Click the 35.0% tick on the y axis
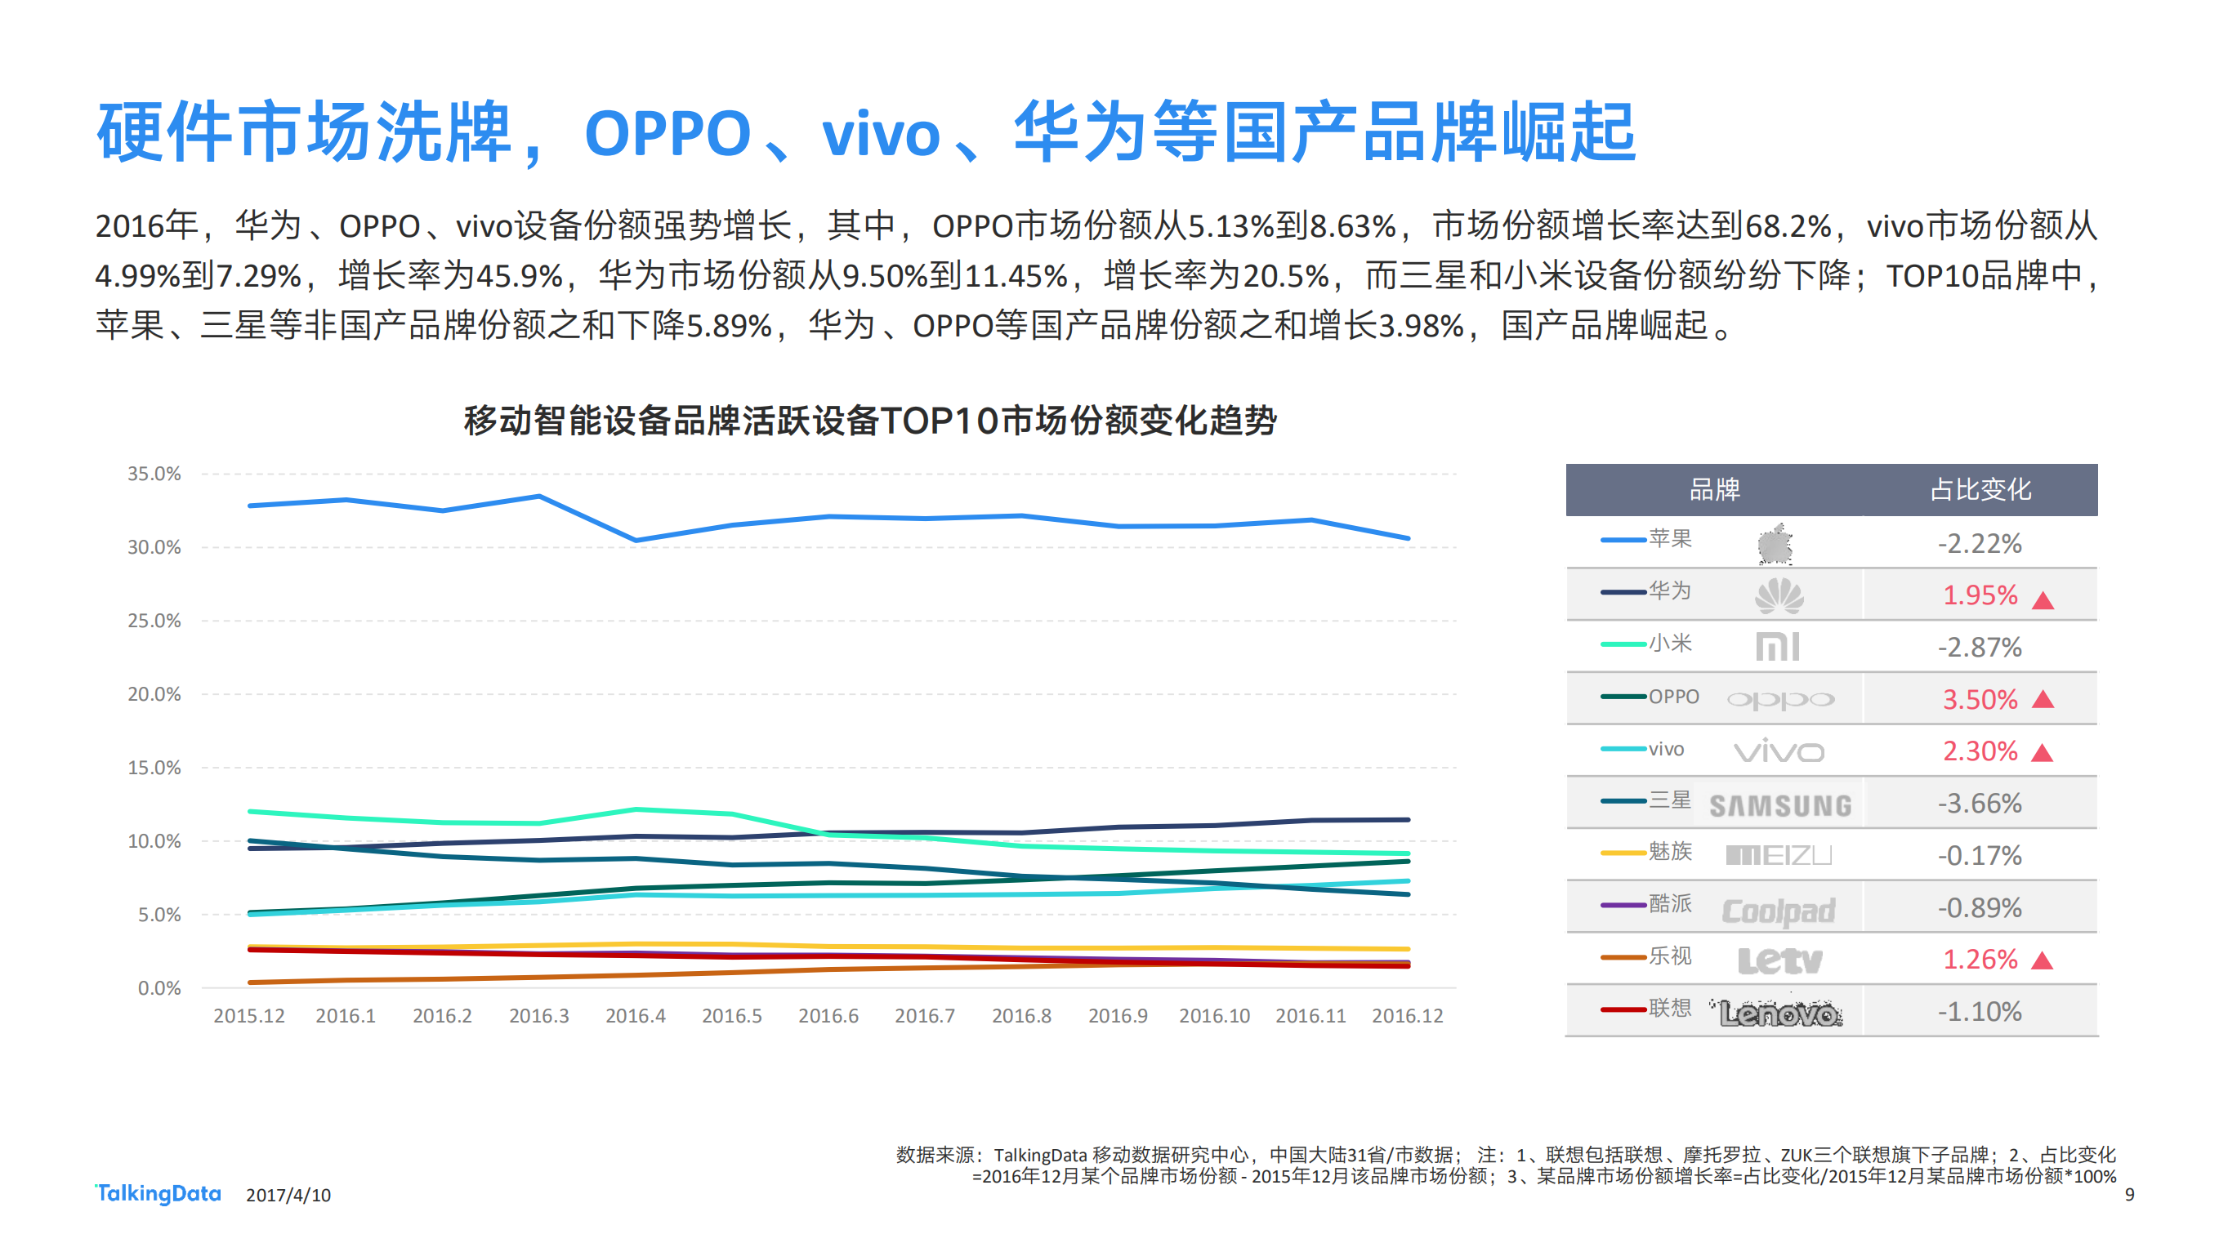tap(154, 474)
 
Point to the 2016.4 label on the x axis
tap(635, 1016)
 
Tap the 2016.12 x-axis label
tap(1407, 1016)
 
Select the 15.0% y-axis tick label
tap(154, 768)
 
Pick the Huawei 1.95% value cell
tap(1980, 595)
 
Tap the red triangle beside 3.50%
tap(2043, 699)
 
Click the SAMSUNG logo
tap(1780, 806)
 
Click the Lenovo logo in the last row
tap(1780, 1014)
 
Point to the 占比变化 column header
tap(1980, 489)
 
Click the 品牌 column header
tap(1714, 489)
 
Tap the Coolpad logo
tap(1779, 910)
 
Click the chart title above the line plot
tap(870, 421)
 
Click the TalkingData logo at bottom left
tap(158, 1193)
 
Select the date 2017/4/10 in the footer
tap(288, 1195)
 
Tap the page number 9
tap(2129, 1195)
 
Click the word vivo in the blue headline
tap(880, 134)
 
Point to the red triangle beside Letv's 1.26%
tap(2042, 960)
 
